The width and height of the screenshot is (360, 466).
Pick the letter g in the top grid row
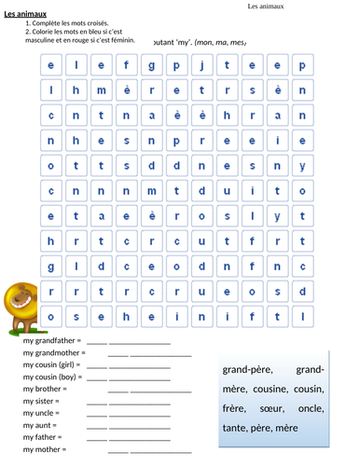point(150,65)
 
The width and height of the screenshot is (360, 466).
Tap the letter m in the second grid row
point(100,90)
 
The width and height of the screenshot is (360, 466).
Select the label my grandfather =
point(52,341)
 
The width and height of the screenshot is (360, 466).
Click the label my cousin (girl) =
point(52,365)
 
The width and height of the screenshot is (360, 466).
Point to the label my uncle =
point(42,412)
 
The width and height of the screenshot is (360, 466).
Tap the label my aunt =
point(40,424)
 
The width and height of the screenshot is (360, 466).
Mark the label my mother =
point(43,448)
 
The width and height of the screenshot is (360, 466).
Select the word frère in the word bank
point(234,408)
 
